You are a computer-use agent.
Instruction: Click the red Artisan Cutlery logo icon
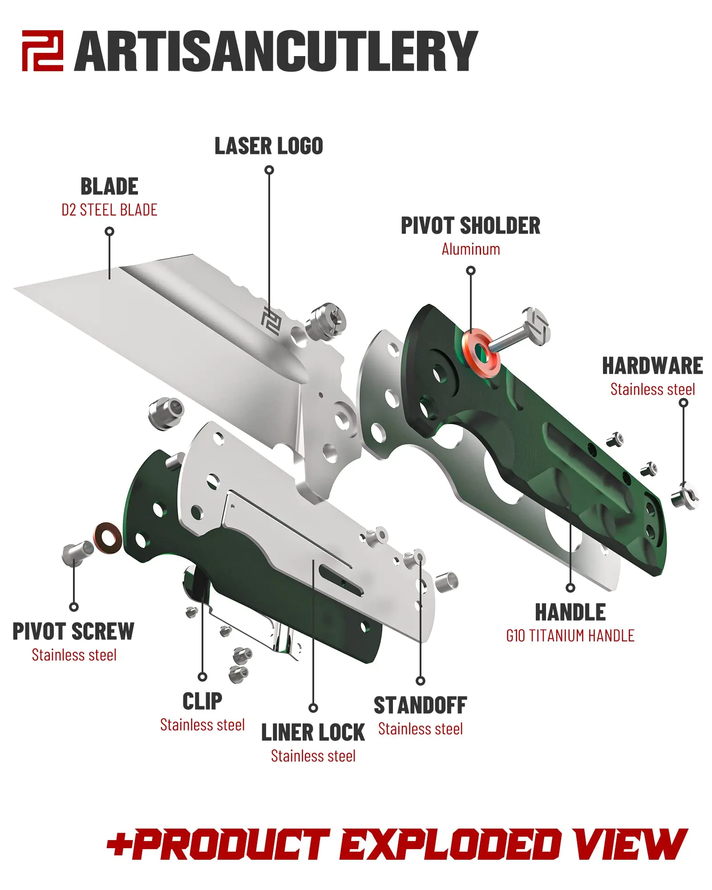(43, 51)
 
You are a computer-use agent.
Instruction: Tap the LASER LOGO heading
(269, 146)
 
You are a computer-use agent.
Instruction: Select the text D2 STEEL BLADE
(109, 210)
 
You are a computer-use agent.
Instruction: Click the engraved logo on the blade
(271, 320)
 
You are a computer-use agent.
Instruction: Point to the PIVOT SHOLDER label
(470, 226)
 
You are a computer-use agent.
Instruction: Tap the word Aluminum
(471, 249)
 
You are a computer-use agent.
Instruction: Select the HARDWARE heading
(652, 366)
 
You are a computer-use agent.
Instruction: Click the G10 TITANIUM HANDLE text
(570, 636)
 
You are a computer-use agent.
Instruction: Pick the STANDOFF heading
(420, 706)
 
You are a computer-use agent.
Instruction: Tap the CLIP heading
(202, 702)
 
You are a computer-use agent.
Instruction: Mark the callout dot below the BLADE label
(109, 231)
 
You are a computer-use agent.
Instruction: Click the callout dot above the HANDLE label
(570, 588)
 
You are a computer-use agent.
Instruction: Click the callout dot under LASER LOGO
(269, 170)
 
